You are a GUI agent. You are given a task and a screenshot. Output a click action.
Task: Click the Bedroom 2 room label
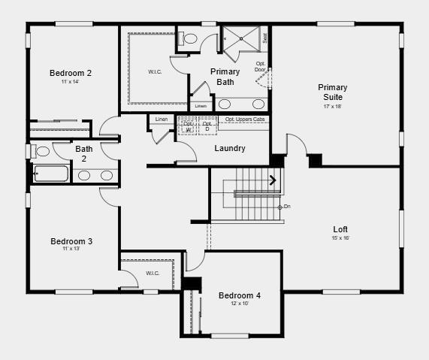click(x=71, y=73)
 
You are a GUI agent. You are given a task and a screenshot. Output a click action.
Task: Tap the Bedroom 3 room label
click(x=71, y=241)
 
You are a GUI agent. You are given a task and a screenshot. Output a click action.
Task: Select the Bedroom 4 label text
click(x=240, y=295)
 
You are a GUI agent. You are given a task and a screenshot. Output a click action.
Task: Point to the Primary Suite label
click(x=332, y=92)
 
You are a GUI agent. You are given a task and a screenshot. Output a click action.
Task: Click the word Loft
click(x=340, y=229)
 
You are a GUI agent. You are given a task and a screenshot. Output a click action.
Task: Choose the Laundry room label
click(x=230, y=148)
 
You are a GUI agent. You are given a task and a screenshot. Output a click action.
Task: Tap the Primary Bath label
click(x=225, y=77)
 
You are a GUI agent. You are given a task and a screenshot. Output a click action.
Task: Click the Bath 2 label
click(x=84, y=153)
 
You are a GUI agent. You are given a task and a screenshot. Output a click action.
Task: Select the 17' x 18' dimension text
click(x=332, y=107)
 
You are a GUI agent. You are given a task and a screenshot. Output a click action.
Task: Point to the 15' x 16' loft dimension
click(x=340, y=238)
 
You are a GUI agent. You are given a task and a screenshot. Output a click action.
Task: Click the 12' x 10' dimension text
click(x=240, y=304)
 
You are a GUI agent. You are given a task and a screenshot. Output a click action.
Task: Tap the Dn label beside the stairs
click(x=286, y=207)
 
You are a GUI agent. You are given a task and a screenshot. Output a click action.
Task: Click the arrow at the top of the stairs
click(x=273, y=180)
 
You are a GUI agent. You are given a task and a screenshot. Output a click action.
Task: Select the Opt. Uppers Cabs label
click(x=244, y=119)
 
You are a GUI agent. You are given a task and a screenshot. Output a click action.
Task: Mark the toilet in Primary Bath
click(x=189, y=38)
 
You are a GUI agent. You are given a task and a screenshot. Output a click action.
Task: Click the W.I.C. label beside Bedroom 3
click(x=153, y=273)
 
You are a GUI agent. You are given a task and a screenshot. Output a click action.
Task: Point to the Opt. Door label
click(x=261, y=67)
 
